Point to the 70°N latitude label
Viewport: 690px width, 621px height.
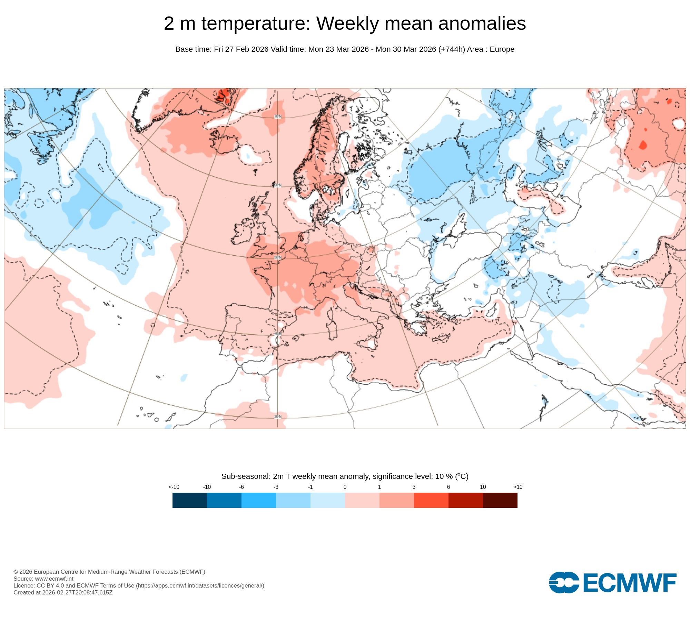pos(278,117)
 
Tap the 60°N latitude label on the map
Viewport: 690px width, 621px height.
pos(278,185)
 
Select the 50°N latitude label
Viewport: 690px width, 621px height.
pos(278,257)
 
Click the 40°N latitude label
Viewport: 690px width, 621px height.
pos(278,334)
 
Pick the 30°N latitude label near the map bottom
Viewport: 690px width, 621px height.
pos(278,416)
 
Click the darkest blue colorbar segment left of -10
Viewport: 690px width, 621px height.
pos(189,500)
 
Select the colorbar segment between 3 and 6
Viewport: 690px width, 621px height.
pos(431,500)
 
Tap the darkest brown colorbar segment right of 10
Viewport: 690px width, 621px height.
pos(500,500)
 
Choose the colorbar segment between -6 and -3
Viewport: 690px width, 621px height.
pos(258,500)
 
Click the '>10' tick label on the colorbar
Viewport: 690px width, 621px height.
pos(517,487)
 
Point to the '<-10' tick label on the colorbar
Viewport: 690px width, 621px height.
pos(174,487)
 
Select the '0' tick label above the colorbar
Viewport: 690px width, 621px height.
pos(345,487)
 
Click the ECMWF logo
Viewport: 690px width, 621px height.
pos(612,582)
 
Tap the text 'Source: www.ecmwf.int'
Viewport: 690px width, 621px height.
pos(43,579)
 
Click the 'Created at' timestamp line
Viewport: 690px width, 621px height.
pos(63,592)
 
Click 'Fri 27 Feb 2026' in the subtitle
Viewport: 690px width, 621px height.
pos(241,49)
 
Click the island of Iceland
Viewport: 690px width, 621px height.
pos(224,141)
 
